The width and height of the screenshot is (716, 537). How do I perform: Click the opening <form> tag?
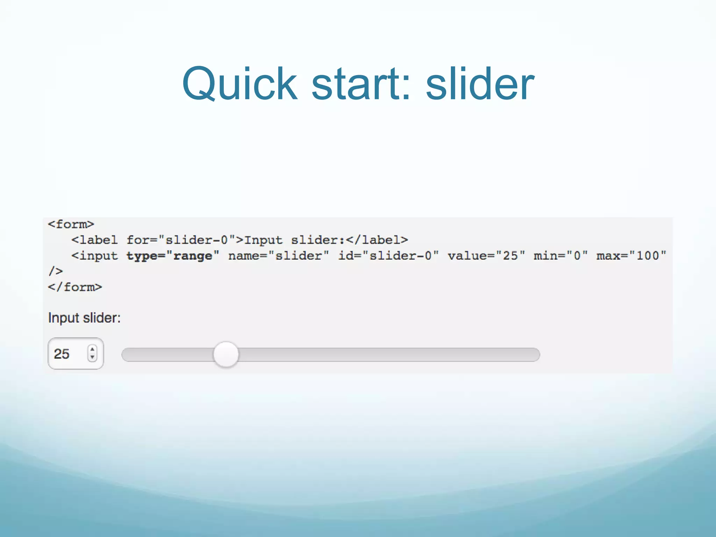pos(71,224)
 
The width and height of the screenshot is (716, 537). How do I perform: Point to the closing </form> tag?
pos(75,287)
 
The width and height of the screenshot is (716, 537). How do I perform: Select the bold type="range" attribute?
pos(173,256)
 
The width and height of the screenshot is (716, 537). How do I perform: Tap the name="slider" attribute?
pos(279,256)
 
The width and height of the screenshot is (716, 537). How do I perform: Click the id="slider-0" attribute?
pos(388,256)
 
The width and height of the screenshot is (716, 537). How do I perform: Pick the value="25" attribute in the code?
pos(486,256)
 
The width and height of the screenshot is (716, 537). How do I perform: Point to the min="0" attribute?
pos(561,256)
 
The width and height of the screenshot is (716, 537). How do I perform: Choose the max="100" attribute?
pos(631,256)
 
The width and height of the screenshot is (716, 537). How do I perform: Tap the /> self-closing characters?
pos(56,271)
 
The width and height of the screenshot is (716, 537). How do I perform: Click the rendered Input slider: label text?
pos(84,318)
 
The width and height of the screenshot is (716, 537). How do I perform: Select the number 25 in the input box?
pos(62,354)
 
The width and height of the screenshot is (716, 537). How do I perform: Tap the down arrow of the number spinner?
pos(92,357)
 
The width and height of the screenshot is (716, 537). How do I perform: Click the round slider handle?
pos(226,354)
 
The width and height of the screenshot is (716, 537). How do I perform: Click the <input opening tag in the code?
pos(94,256)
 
